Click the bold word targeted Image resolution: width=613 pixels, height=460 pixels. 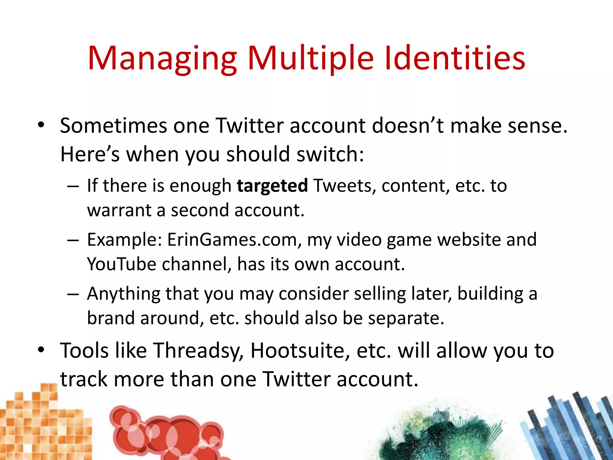click(272, 186)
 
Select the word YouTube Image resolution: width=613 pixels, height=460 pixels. click(122, 264)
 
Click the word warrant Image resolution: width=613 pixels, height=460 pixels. click(119, 210)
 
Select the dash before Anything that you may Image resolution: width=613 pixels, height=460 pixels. click(73, 294)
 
